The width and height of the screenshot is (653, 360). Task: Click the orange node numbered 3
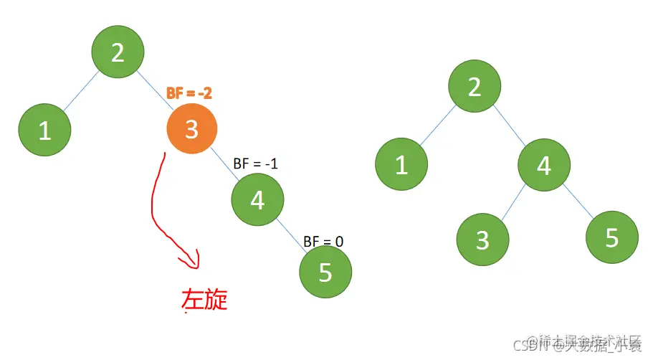[192, 129]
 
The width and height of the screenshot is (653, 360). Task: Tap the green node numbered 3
[482, 239]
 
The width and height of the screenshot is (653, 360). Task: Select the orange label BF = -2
[189, 93]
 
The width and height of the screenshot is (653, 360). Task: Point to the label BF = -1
[256, 164]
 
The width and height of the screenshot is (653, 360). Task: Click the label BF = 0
[323, 241]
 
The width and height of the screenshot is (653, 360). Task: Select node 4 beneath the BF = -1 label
[258, 201]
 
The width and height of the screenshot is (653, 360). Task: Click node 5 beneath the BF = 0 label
[325, 273]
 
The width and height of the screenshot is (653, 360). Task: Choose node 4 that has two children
[545, 166]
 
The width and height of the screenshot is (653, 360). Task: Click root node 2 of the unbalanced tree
[118, 52]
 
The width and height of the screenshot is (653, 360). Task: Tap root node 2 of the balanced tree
[475, 87]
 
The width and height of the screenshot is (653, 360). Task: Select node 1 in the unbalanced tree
[44, 131]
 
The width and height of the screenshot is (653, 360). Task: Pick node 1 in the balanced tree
[401, 165]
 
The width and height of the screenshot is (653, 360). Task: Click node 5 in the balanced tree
[611, 237]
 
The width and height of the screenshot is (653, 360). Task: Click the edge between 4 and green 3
[513, 202]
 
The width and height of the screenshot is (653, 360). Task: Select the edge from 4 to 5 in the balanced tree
[578, 201]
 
